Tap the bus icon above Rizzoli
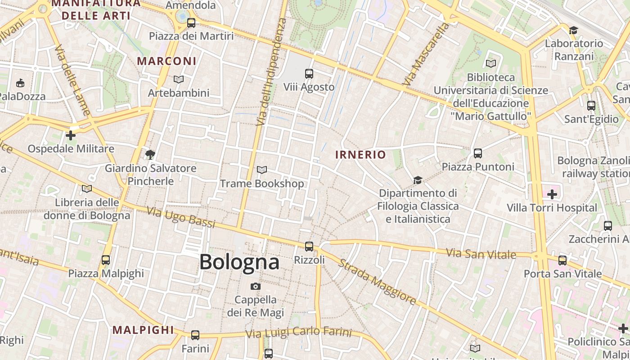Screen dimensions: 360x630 point(309,246)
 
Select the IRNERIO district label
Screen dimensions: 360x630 point(360,155)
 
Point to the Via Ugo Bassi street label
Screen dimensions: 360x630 point(181,218)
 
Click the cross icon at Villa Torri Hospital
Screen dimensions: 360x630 point(552,194)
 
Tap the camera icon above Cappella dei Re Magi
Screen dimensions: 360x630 point(255,286)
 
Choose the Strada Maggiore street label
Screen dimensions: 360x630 point(377,282)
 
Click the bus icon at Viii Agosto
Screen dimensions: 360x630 point(309,73)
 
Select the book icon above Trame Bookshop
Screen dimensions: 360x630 point(261,170)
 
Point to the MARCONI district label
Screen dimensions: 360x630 point(166,61)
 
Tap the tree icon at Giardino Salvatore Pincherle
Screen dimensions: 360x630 point(150,155)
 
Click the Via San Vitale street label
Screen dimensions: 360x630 point(481,253)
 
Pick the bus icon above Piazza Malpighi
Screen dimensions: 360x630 point(105,260)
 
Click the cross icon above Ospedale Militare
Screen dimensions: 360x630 point(70,135)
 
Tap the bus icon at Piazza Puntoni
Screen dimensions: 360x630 point(478,153)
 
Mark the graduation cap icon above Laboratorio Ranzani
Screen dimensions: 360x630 point(573,30)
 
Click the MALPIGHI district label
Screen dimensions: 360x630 point(143,330)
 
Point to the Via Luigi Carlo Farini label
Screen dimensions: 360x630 point(298,333)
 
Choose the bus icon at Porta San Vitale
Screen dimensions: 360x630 point(562,260)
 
